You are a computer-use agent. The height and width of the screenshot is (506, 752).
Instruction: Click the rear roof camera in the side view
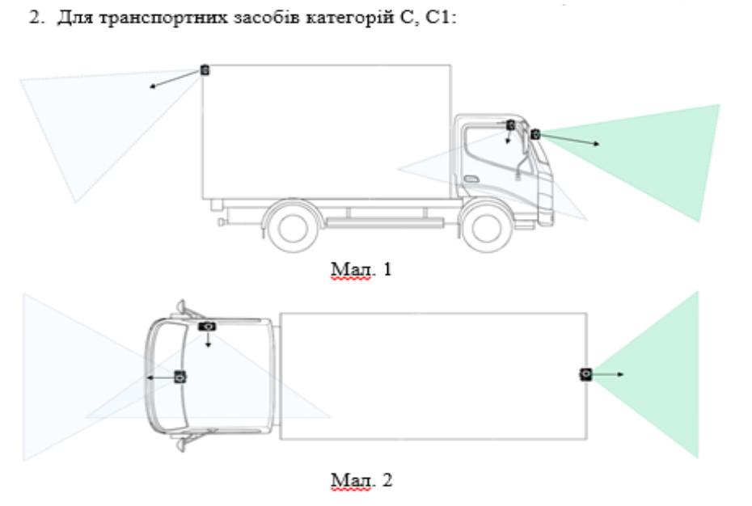point(205,70)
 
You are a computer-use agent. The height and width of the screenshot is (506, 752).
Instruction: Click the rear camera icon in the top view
point(585,374)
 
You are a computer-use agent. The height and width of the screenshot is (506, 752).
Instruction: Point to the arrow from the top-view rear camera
point(610,374)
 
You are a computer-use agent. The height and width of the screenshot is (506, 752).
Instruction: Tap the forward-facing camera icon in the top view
point(180,377)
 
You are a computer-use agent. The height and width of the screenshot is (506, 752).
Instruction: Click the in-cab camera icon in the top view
point(209,325)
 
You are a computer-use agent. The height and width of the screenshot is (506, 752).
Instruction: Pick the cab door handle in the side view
point(471,179)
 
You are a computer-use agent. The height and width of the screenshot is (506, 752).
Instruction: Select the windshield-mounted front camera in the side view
point(535,134)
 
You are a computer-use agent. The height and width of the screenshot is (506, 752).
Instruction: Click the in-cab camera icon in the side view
point(510,125)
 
